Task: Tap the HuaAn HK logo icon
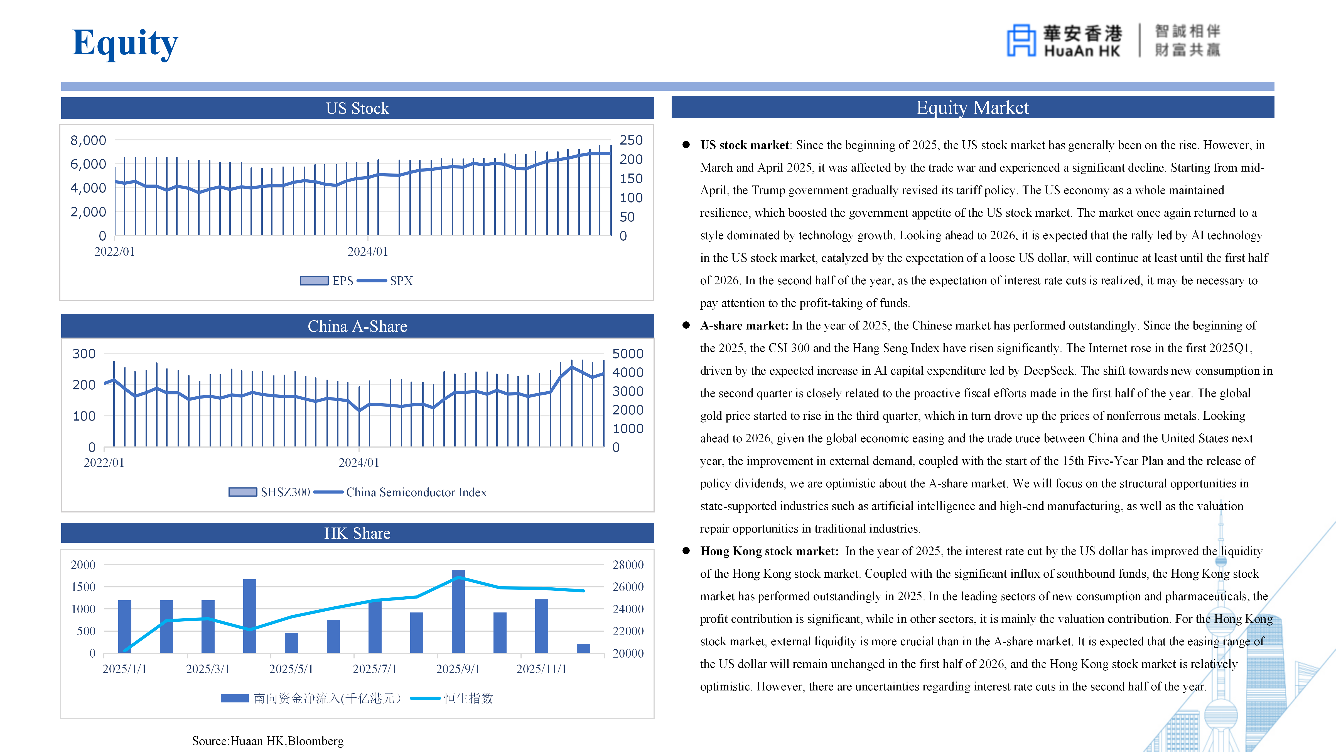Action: pos(1021,40)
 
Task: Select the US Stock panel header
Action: pos(357,108)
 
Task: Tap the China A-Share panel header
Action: pos(357,326)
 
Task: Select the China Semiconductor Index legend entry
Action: pos(401,492)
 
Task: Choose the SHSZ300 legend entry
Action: pos(270,492)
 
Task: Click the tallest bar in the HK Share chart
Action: pos(458,611)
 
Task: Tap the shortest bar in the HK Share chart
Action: pos(583,648)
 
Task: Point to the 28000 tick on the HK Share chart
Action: pos(628,565)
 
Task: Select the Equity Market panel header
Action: pos(972,108)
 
